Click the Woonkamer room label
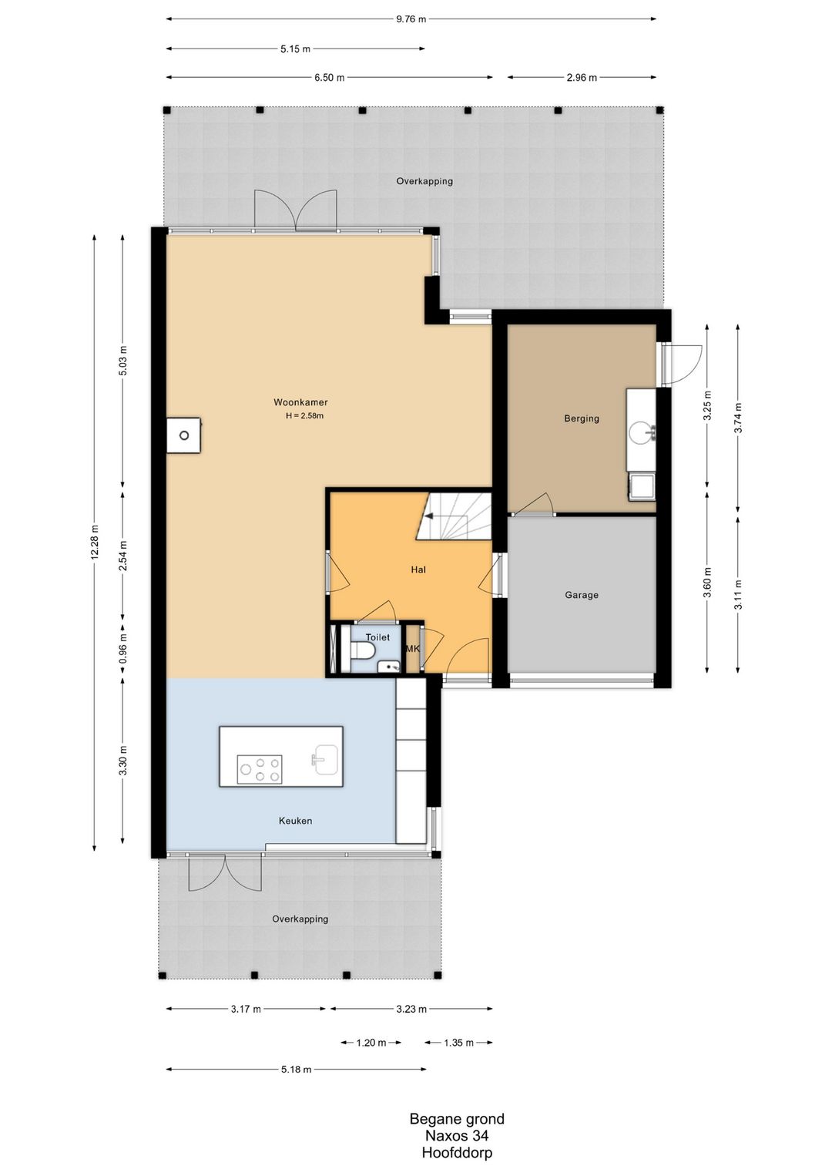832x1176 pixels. pos(300,403)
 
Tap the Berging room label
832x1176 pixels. pos(582,418)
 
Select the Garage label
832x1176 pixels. pos(582,595)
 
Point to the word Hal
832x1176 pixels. pos(418,570)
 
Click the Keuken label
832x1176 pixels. pos(296,821)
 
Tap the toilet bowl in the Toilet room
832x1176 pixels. pos(364,651)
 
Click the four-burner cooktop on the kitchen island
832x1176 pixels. pos(260,770)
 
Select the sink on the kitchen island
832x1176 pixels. pos(326,760)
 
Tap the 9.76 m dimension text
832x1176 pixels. pos(411,19)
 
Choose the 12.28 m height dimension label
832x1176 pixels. pos(95,543)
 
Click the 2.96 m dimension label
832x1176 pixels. pos(582,78)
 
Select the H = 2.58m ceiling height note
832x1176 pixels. pos(304,416)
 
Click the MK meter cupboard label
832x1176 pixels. pos(413,649)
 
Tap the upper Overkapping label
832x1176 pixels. pos(424,182)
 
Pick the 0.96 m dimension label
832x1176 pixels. pos(123,649)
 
